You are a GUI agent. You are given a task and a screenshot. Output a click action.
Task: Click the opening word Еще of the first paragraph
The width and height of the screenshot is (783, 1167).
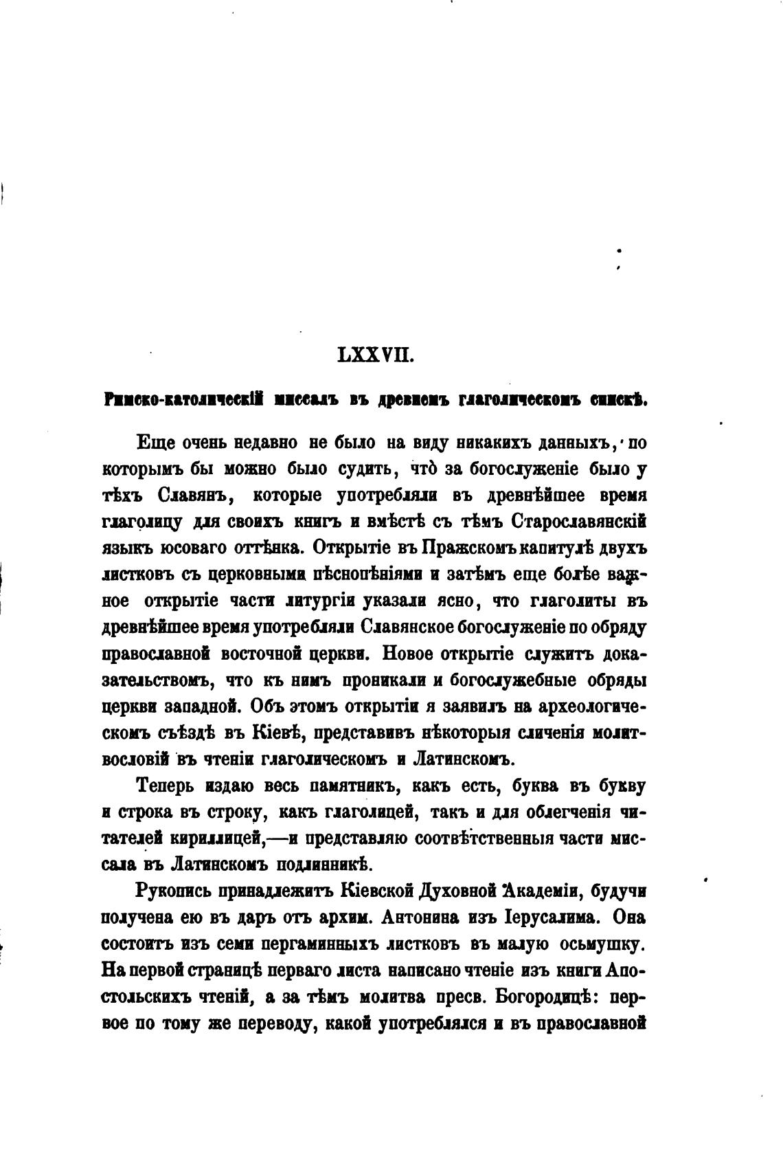(x=153, y=443)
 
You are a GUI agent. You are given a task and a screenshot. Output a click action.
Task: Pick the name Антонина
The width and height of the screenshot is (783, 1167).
(x=427, y=918)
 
